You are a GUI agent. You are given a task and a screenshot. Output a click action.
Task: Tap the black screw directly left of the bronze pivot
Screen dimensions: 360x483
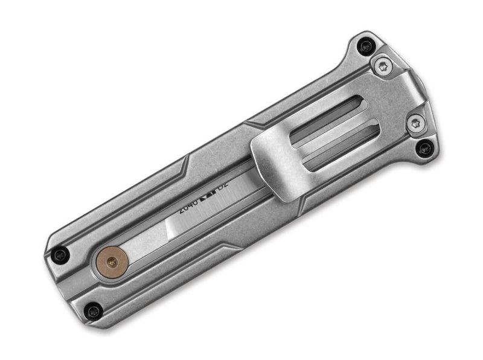click(x=59, y=254)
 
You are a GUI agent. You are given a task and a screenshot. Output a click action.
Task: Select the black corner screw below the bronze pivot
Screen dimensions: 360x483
click(x=93, y=312)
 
